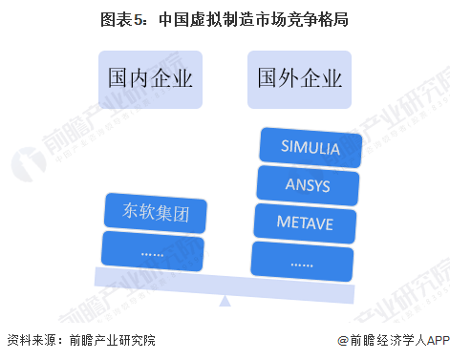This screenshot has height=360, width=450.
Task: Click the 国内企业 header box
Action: point(150,76)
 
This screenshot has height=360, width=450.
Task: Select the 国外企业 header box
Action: point(299,76)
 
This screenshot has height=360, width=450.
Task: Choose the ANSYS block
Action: point(306,183)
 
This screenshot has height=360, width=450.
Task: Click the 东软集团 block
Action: point(155,213)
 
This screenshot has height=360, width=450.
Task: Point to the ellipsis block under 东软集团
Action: point(153,250)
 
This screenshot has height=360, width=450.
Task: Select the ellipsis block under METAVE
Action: point(302,259)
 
